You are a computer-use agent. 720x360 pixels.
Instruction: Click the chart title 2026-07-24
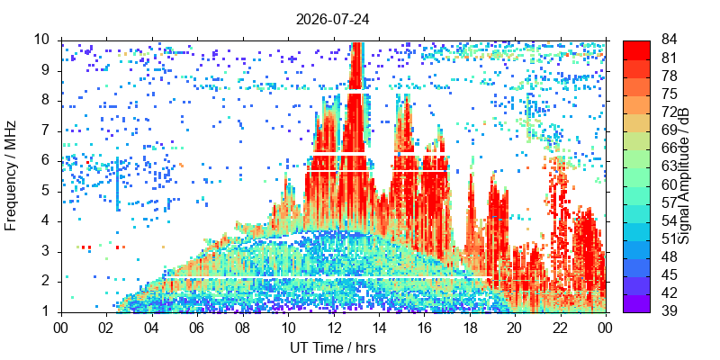click(333, 20)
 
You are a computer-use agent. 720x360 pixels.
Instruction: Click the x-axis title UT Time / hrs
click(333, 347)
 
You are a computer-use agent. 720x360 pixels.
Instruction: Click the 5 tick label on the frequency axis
click(51, 192)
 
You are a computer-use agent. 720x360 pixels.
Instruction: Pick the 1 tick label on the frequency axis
click(51, 312)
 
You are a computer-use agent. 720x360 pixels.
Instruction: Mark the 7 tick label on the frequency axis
click(51, 131)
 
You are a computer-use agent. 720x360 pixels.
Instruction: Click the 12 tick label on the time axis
click(333, 328)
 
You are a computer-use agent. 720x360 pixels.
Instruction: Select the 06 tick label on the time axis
click(197, 328)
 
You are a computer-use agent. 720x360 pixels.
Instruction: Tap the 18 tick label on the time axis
click(470, 328)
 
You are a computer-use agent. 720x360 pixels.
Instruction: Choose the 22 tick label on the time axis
click(561, 328)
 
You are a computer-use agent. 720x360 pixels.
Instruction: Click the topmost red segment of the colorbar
click(636, 49)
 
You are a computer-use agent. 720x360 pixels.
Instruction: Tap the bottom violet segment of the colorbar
click(636, 303)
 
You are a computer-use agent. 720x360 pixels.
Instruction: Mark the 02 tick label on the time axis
click(106, 328)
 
